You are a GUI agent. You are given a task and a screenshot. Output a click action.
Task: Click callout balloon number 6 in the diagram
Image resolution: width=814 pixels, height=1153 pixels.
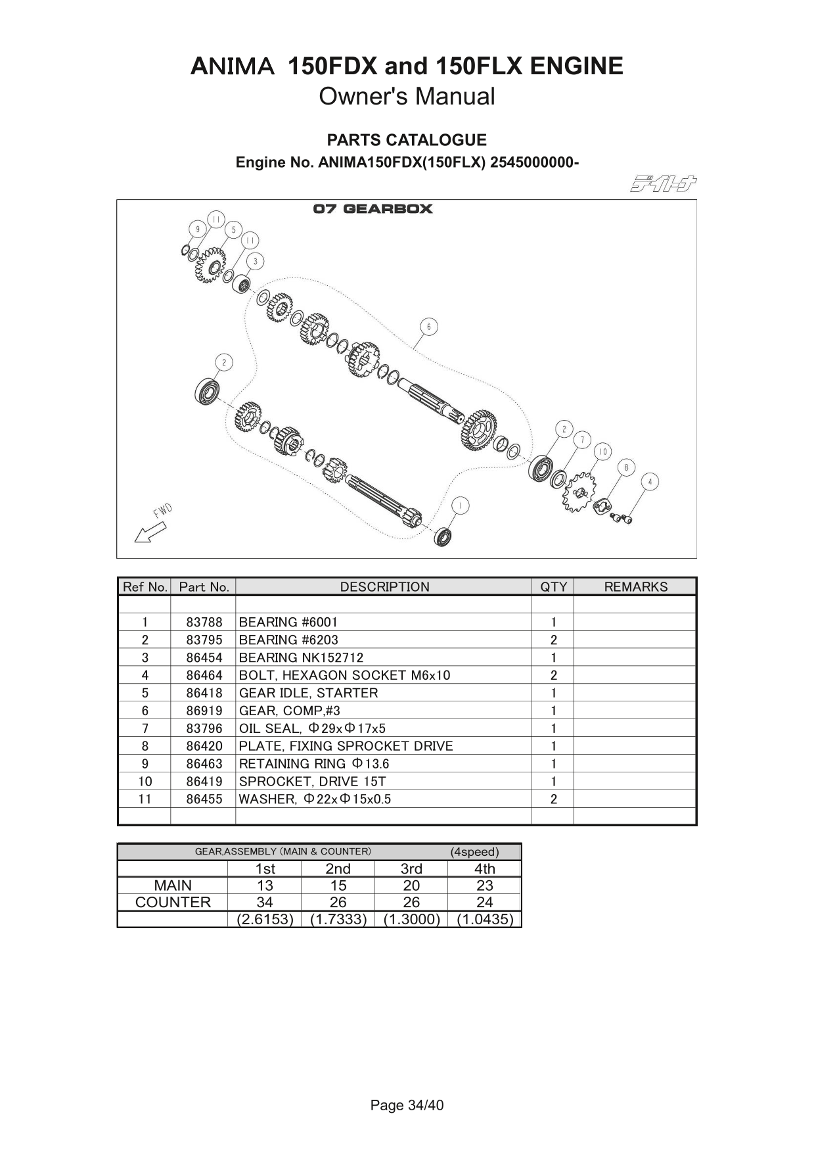coord(428,327)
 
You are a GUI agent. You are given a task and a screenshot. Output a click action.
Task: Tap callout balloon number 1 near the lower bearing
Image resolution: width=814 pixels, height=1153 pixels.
coord(461,506)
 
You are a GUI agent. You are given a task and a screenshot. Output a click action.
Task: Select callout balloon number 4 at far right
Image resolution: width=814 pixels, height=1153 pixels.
coord(650,482)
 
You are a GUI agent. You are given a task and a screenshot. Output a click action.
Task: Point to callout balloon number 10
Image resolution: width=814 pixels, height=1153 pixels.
coord(602,452)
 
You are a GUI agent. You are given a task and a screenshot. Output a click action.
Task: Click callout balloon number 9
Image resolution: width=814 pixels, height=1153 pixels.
coord(196,229)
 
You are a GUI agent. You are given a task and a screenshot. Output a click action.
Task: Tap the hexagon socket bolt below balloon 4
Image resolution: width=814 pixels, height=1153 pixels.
coord(621,519)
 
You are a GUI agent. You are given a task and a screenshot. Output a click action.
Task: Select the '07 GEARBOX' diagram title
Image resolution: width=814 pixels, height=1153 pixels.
coord(373,209)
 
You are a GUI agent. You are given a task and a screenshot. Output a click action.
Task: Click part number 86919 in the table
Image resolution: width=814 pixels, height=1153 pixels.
coord(204,711)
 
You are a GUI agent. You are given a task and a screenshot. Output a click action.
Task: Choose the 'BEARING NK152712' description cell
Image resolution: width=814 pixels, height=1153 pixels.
coord(301,657)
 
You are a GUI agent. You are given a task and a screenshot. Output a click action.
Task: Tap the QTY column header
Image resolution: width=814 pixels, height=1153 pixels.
coord(553,587)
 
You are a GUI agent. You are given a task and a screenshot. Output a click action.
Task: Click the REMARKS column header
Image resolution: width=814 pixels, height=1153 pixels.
coord(635,587)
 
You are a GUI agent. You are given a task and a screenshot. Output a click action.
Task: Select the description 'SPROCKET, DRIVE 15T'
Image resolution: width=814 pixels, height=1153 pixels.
coord(312,782)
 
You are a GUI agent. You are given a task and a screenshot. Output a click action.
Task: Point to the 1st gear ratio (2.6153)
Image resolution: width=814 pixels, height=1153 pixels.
coord(265,919)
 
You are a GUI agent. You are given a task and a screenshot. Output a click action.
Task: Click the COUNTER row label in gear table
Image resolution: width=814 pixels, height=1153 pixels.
coord(173,903)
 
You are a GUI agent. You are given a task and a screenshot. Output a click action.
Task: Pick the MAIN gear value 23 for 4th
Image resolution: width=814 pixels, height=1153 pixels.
coord(484,885)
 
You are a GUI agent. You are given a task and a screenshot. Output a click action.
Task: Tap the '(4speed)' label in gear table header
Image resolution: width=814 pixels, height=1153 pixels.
coord(474,852)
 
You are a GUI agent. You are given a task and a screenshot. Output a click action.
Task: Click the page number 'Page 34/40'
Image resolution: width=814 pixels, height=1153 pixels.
coord(407,1105)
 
